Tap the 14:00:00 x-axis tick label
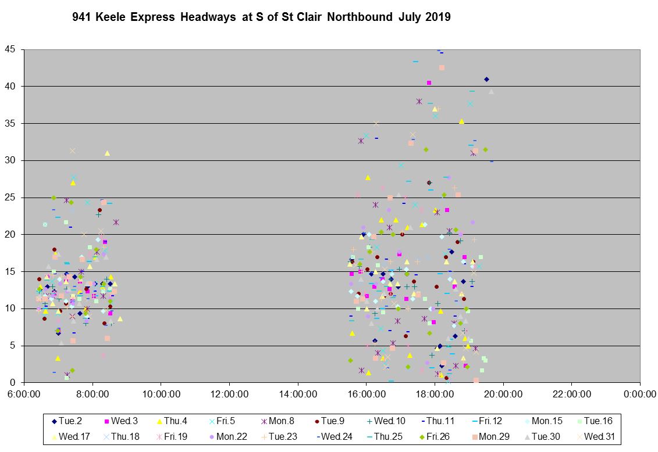pyautogui.click(x=298, y=394)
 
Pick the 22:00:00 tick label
pyautogui.click(x=571, y=394)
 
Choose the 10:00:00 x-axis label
pyautogui.click(x=161, y=394)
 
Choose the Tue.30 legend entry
pyautogui.click(x=546, y=436)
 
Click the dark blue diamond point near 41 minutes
pyautogui.click(x=486, y=80)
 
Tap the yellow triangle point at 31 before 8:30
pyautogui.click(x=107, y=153)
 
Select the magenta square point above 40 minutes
pyautogui.click(x=429, y=82)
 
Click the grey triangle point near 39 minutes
pyautogui.click(x=491, y=92)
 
